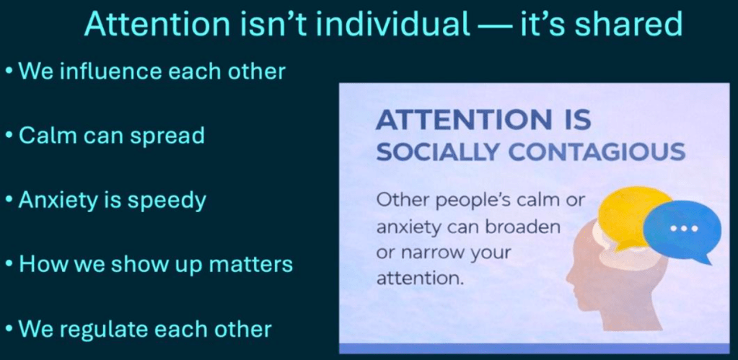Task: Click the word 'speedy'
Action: (x=167, y=201)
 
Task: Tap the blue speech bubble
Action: (x=682, y=231)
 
